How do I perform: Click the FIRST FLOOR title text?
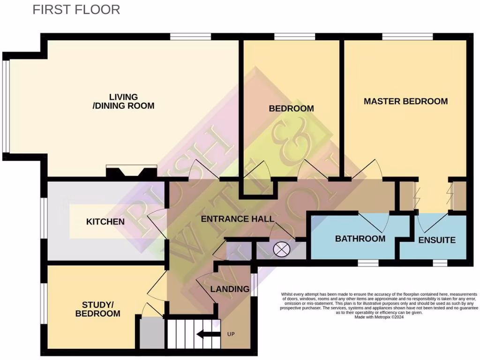(76, 9)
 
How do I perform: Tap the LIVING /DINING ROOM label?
(124, 101)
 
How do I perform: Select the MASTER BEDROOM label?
(405, 101)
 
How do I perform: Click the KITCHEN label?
(105, 221)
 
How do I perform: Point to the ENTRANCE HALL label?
(238, 219)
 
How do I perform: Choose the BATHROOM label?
(360, 239)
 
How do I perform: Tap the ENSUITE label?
(436, 240)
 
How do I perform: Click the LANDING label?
(230, 289)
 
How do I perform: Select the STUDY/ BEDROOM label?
(98, 308)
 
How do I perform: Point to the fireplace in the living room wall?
(131, 172)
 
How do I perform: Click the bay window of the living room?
(6, 107)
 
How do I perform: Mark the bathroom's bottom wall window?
(368, 263)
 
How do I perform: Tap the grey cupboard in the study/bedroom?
(150, 332)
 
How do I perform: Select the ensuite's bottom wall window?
(440, 263)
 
